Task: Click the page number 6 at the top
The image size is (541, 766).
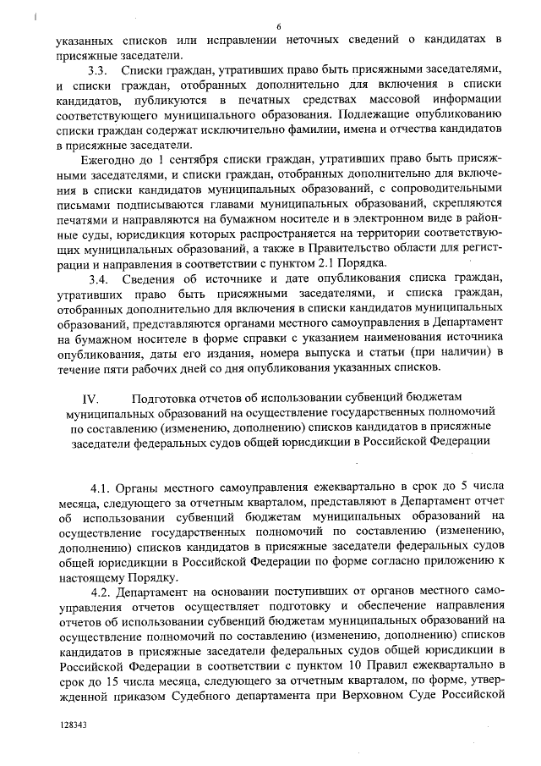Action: coord(278,26)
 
